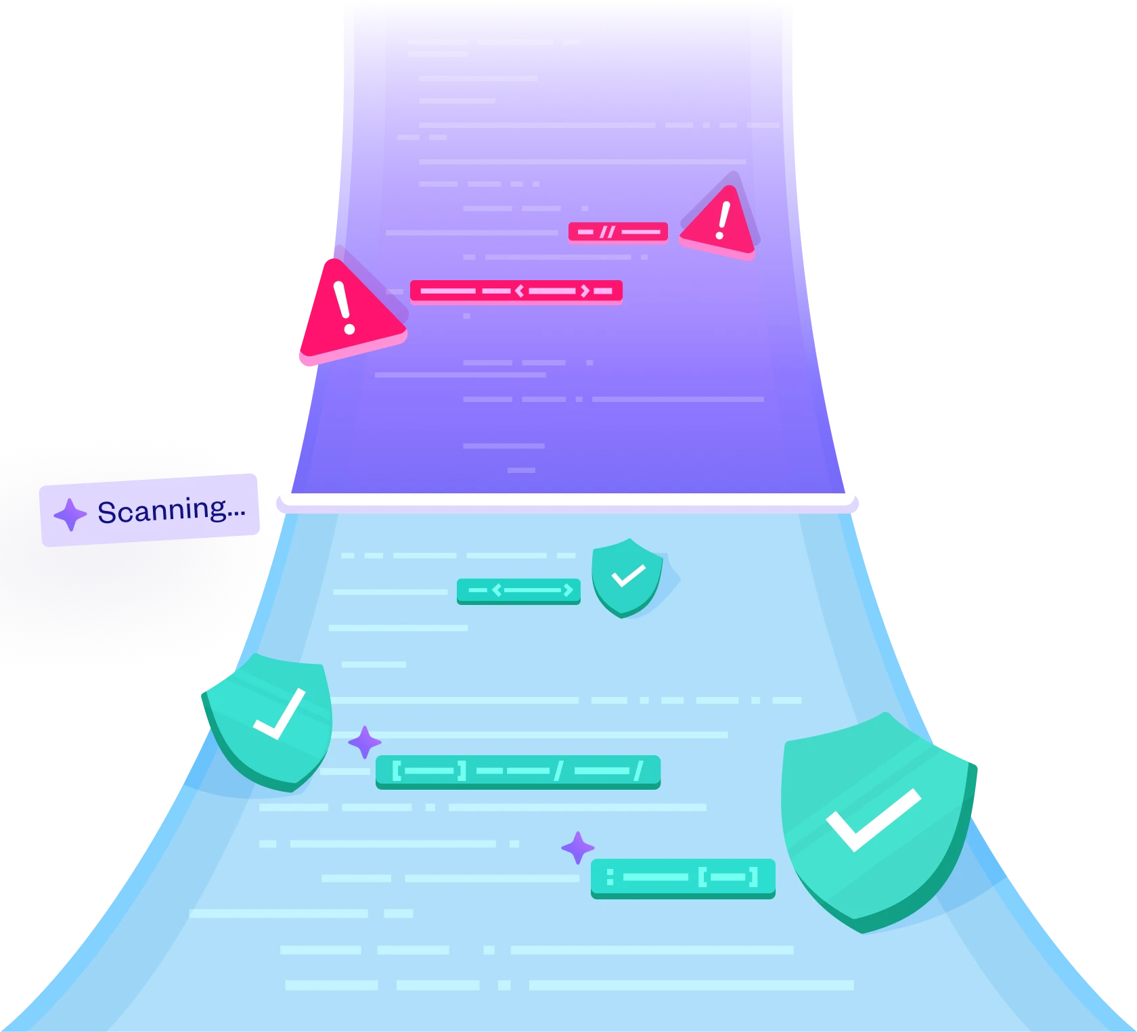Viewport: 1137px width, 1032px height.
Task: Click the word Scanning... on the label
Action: pos(171,510)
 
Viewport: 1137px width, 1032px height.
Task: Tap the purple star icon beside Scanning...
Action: pos(70,515)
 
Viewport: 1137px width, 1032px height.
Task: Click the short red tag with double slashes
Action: pos(618,232)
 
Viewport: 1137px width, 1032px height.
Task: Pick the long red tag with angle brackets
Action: pos(516,291)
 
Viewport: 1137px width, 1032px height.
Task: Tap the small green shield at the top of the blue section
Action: pos(626,577)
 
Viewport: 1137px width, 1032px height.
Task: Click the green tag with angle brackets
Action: pos(518,591)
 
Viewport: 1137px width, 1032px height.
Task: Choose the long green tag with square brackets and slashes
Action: pos(518,771)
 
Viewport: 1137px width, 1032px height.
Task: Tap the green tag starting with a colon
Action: pos(682,878)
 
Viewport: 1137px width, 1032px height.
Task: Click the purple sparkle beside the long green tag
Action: pos(364,742)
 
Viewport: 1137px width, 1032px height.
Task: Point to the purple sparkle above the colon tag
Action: pos(577,847)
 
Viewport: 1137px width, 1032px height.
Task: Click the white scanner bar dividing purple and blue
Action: pos(568,501)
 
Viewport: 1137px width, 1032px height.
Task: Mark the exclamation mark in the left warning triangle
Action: pos(344,307)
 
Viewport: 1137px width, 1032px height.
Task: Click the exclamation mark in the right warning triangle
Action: pos(723,221)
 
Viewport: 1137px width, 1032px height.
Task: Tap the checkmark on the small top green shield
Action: pos(628,576)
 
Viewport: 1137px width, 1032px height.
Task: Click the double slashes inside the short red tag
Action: pos(607,232)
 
